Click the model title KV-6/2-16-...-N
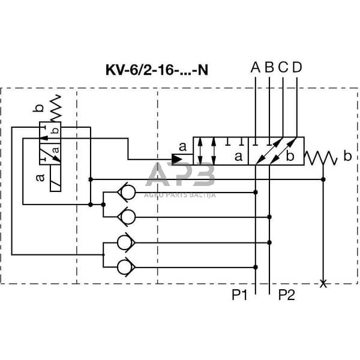[157, 70]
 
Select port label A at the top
[255, 67]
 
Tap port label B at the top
[269, 67]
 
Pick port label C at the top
[283, 67]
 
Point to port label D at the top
[297, 67]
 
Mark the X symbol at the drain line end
[324, 283]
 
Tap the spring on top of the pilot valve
[55, 108]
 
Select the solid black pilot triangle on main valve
[178, 159]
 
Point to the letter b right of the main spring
[347, 157]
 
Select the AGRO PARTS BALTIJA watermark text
[179, 194]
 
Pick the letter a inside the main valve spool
[238, 157]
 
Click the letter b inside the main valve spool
[290, 157]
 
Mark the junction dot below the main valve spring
[324, 179]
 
